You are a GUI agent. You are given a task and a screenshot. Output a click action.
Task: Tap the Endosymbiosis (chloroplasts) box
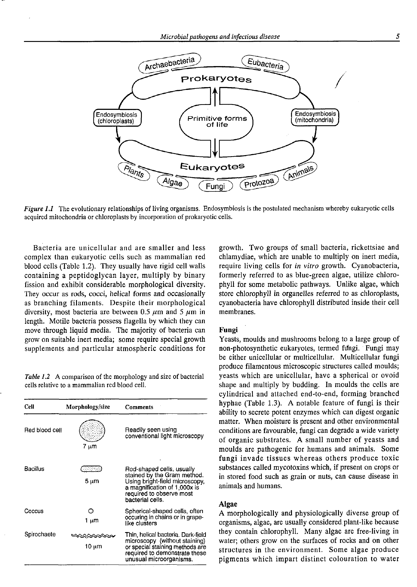point(117,118)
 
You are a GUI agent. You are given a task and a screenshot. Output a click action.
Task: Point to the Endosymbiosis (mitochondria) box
point(315,117)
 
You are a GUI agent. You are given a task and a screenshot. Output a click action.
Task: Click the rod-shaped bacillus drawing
point(91,469)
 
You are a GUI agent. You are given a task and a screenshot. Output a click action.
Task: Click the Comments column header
point(139,407)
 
